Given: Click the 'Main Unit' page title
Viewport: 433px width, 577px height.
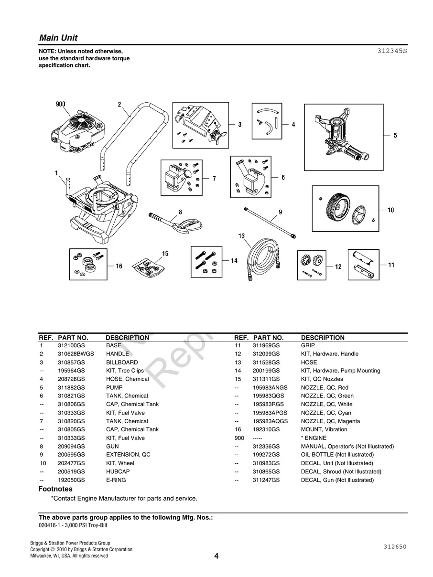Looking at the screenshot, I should coord(58,38).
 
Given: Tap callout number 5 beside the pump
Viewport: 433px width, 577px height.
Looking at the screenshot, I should coord(395,136).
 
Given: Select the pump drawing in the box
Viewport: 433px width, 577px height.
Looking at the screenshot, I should coord(342,136).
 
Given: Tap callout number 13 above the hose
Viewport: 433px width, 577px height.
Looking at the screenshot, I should coord(241,236).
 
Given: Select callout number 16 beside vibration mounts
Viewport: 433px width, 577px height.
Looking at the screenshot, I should coord(119,266).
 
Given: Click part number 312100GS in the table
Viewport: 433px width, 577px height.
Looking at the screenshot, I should coord(71,345).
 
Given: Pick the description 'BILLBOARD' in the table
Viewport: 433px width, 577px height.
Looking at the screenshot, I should coord(121,363).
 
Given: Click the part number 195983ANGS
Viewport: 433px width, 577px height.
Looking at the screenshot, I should coord(270,388).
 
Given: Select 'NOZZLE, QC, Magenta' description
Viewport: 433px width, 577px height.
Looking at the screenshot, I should coord(330,421).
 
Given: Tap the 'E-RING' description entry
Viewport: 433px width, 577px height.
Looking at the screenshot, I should coord(116,480).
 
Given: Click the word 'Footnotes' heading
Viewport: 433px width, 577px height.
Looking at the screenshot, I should coord(55,489).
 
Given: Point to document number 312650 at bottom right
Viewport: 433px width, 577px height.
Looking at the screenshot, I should coord(394,547).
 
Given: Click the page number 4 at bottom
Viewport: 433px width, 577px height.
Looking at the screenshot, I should coord(216,556).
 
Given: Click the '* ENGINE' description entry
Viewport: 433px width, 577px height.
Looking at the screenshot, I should coord(314,438).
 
